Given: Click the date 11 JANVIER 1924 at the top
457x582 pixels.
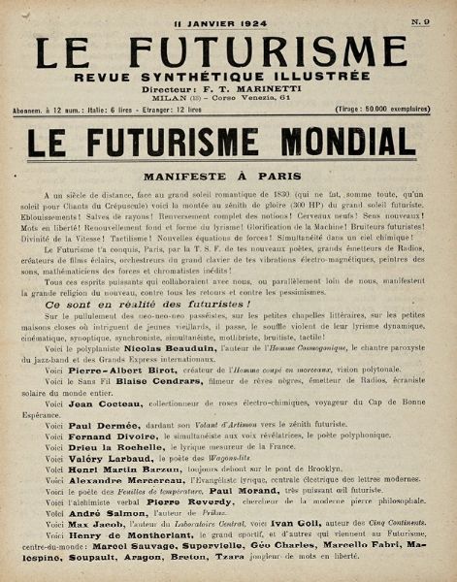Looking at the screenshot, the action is coord(228,20).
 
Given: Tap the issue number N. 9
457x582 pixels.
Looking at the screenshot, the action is coord(421,20).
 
